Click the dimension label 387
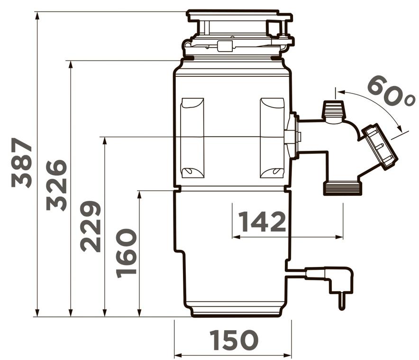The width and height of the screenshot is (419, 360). click(22, 163)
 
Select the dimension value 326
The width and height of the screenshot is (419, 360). click(56, 185)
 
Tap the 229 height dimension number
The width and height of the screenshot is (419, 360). click(91, 226)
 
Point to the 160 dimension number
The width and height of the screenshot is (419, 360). click(127, 253)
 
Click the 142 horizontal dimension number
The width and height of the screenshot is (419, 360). click(262, 222)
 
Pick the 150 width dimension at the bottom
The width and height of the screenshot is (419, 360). click(234, 340)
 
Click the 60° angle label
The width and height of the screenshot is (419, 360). click(391, 91)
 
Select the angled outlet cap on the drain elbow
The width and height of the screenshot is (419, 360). click(380, 146)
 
